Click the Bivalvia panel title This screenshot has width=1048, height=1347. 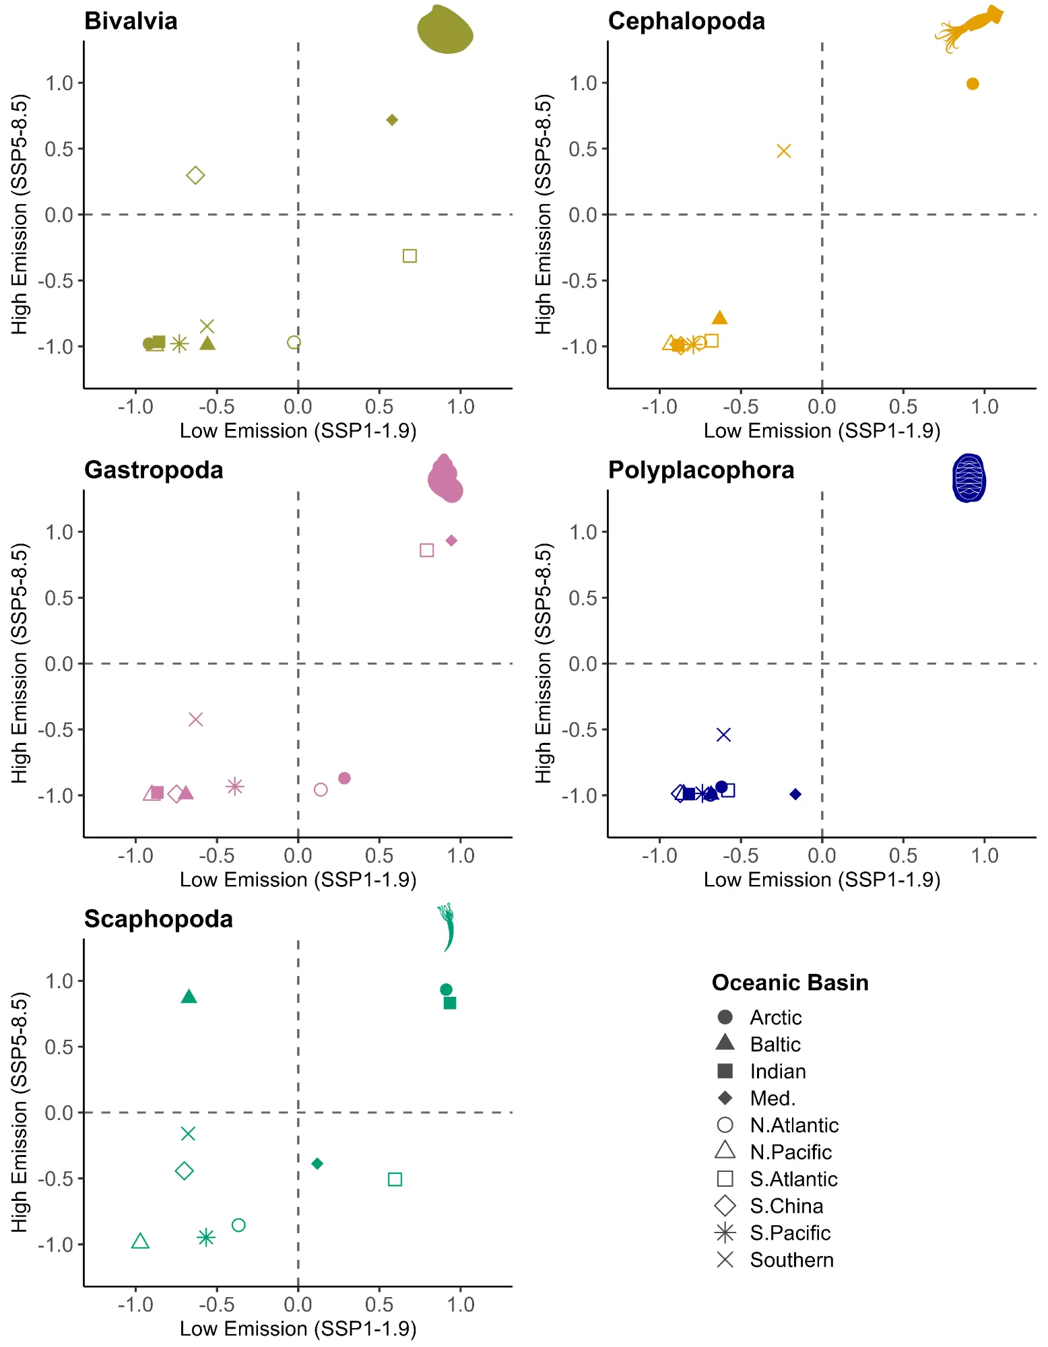[x=131, y=21]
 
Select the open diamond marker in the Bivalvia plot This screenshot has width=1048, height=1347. [x=195, y=176]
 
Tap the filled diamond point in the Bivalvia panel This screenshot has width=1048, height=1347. [x=392, y=120]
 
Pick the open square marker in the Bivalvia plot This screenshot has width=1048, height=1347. [x=410, y=256]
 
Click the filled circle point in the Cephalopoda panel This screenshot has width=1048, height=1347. [x=973, y=84]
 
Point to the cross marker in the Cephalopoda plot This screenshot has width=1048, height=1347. [x=783, y=151]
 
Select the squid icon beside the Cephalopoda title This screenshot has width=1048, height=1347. [x=969, y=28]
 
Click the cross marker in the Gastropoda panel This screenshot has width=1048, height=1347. [x=195, y=719]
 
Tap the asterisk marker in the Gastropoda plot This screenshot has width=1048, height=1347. [x=234, y=786]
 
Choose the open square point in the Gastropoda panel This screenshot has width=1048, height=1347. [x=426, y=550]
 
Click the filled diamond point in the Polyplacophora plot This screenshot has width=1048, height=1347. [x=795, y=795]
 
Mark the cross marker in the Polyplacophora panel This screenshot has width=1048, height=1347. [x=723, y=735]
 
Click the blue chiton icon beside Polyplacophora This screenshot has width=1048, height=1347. [x=969, y=478]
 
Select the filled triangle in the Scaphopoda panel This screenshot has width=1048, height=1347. [x=189, y=996]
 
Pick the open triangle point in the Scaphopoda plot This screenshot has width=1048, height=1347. [x=140, y=1241]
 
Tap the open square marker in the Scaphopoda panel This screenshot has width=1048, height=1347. [x=395, y=1179]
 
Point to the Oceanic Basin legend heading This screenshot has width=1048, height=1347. [x=790, y=983]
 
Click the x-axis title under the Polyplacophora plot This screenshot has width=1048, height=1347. [x=822, y=880]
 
